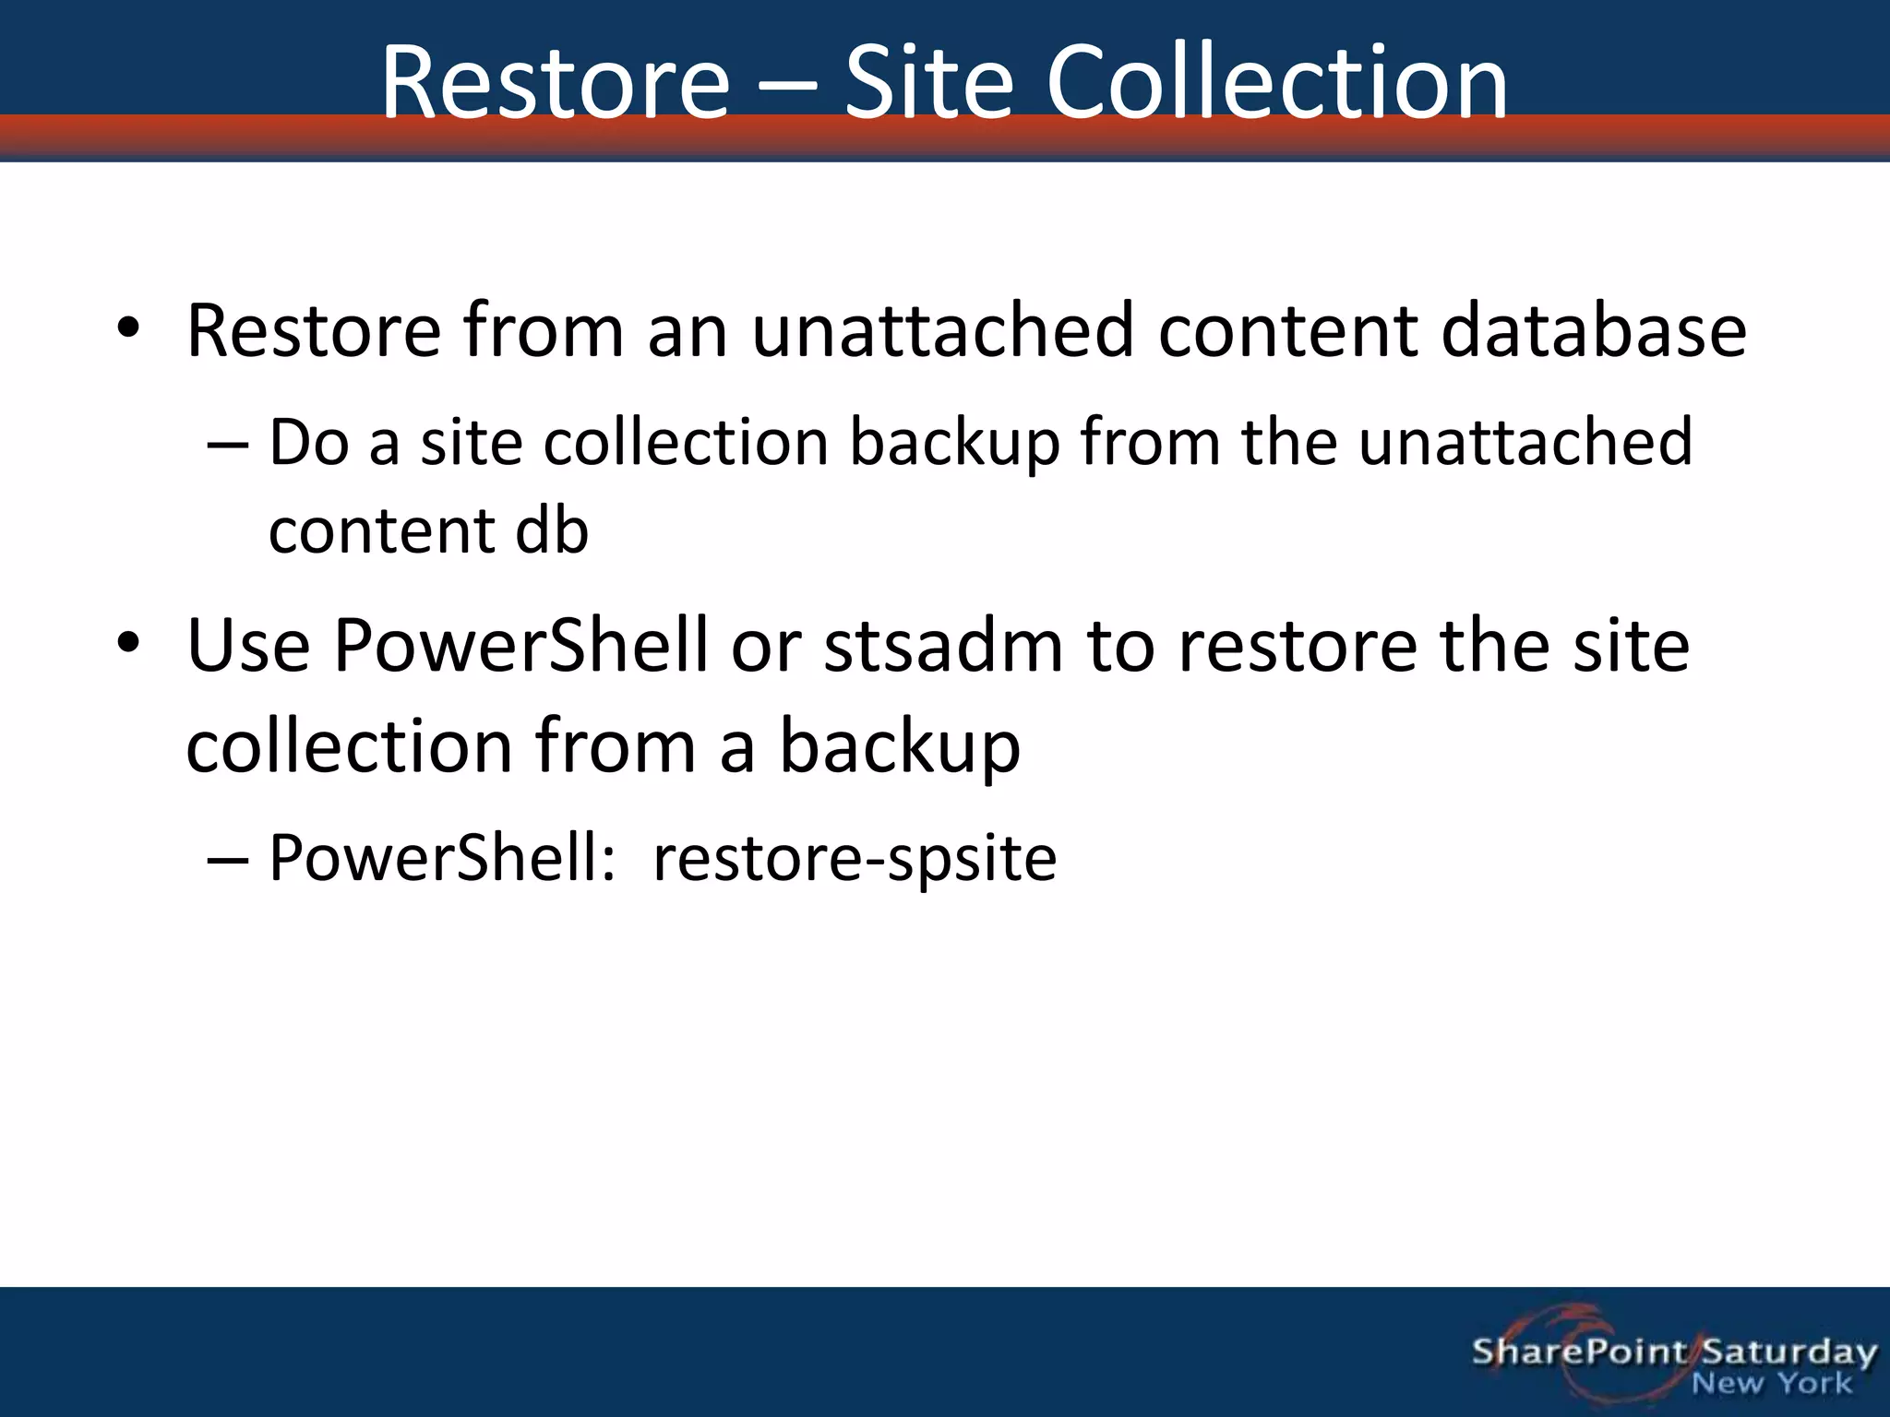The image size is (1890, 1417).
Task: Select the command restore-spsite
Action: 855,859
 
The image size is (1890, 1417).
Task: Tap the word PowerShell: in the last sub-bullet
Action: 442,859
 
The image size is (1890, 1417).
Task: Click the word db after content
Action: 551,531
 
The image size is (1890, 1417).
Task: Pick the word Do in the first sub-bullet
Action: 308,443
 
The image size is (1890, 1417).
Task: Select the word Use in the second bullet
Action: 247,646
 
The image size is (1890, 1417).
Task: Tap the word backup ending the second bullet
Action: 900,747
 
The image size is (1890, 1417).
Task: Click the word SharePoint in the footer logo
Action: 1579,1352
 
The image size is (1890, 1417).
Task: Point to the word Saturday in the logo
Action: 1788,1353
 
